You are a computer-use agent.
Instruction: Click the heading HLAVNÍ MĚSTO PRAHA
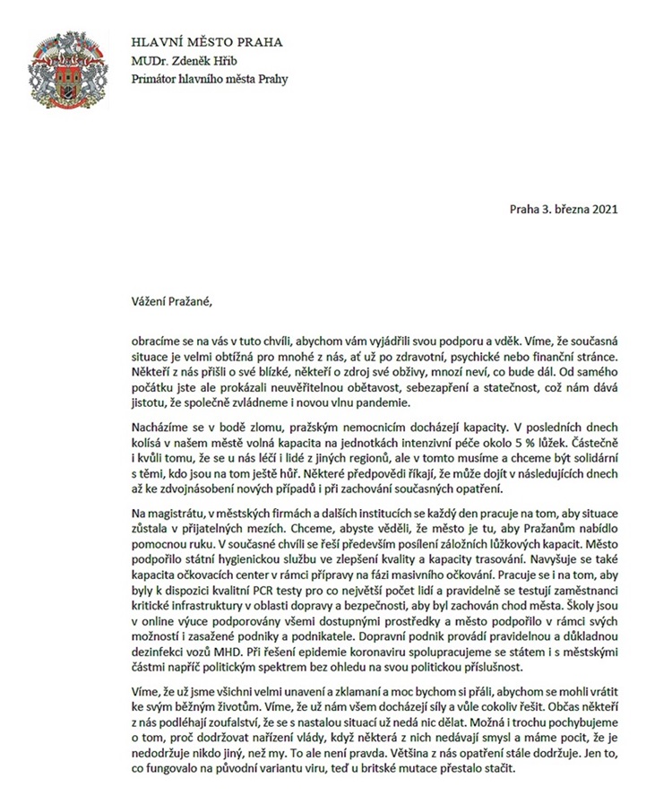coord(207,42)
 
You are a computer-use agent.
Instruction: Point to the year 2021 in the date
coord(601,210)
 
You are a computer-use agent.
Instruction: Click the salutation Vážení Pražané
coord(171,299)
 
